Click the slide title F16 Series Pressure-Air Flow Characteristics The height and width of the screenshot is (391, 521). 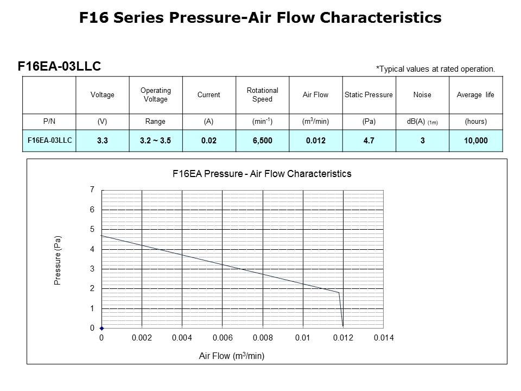click(260, 18)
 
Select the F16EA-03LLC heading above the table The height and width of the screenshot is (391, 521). click(59, 66)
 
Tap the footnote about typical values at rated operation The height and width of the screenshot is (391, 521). click(435, 69)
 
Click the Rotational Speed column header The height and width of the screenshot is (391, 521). click(262, 94)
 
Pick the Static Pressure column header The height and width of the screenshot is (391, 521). click(368, 94)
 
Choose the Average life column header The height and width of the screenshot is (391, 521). click(475, 94)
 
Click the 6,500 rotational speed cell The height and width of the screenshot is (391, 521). click(262, 141)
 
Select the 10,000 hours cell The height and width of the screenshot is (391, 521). click(475, 141)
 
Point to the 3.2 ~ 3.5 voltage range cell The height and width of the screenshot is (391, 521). click(156, 141)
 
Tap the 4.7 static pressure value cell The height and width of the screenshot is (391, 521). click(368, 141)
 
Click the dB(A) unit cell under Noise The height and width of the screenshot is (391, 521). click(422, 122)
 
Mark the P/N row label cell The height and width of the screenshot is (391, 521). click(49, 122)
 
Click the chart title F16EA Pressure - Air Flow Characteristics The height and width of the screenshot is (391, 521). click(262, 174)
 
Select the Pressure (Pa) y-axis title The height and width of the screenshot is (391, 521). click(58, 260)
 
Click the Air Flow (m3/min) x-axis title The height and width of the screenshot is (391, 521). click(232, 356)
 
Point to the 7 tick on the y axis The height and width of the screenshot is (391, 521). click(92, 190)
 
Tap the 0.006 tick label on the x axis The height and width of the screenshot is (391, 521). click(222, 338)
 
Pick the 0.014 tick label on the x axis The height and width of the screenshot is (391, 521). click(383, 338)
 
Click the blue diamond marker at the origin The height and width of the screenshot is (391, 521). click(101, 328)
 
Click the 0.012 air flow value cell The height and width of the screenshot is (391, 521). click(315, 141)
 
